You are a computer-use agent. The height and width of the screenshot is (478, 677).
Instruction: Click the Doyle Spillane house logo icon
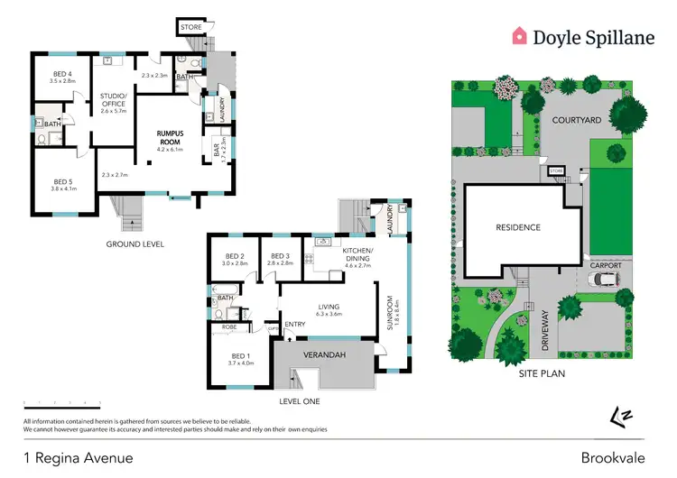tap(520, 36)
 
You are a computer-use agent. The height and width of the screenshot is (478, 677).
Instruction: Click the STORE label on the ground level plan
tap(190, 28)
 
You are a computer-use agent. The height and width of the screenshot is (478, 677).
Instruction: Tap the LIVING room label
tap(326, 307)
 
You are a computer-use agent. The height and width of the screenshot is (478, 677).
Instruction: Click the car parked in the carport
tap(602, 280)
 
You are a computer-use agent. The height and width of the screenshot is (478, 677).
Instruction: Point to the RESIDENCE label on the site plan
tap(517, 227)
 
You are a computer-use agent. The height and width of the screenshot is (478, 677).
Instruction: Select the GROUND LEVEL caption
tap(134, 244)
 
